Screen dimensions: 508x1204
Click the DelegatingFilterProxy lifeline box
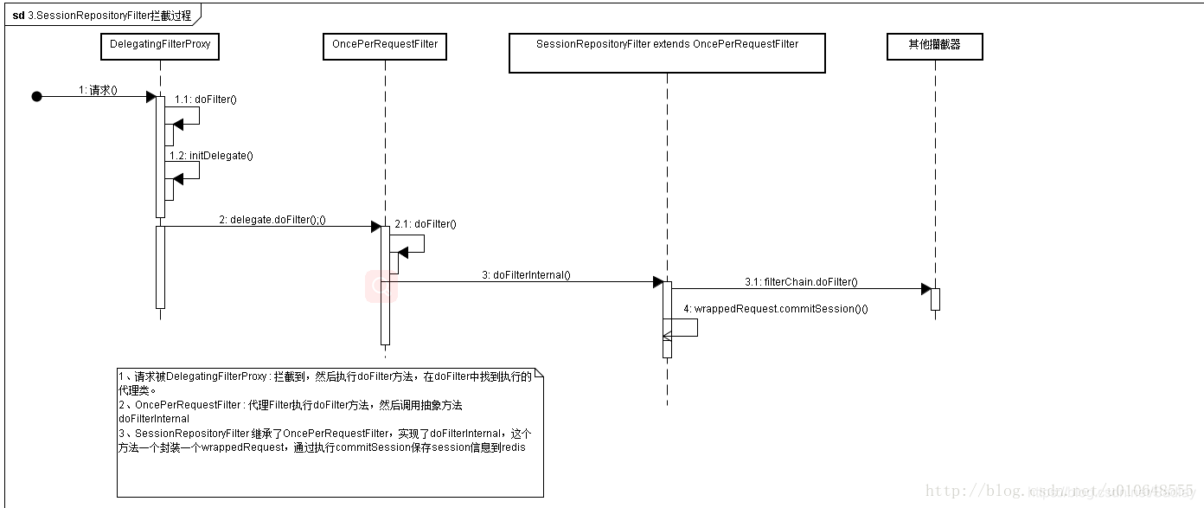160,45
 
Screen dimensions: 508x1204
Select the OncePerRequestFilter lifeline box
384,45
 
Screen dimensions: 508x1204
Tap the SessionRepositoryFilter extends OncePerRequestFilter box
667,53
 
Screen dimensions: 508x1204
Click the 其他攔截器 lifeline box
934,45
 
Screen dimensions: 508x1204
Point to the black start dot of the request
36,97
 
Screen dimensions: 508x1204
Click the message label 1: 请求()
98,89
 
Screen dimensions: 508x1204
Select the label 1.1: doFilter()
206,100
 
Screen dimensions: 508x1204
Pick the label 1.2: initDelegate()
211,156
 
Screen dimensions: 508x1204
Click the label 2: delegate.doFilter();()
272,220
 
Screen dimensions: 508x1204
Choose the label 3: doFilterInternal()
526,275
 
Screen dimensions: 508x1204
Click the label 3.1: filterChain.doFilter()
801,282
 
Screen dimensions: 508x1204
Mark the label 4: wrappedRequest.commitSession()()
776,309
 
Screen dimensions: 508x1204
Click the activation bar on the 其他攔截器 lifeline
935,299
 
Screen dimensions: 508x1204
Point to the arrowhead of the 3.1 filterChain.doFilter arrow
925,289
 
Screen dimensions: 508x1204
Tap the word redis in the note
513,447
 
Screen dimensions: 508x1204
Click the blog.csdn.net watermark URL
1059,492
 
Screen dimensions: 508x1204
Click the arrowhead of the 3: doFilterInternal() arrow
657,281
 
